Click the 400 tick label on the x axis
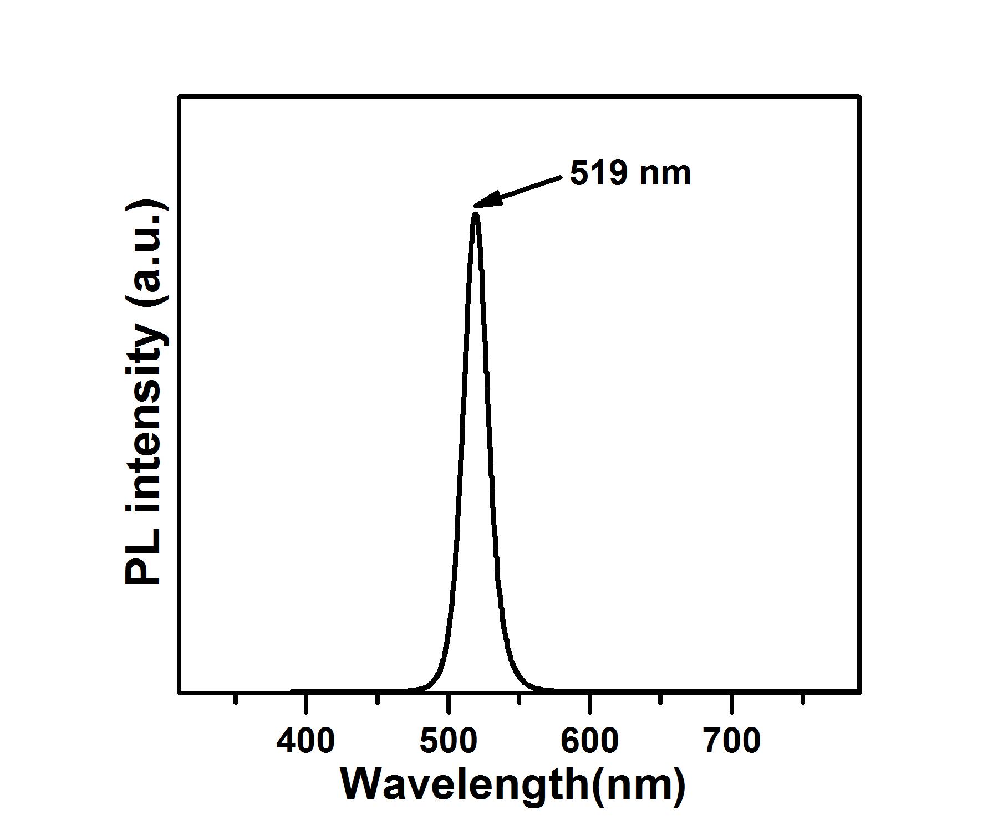coord(305,741)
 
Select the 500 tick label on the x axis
coord(448,741)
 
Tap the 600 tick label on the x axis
coord(590,741)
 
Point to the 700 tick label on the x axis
coord(732,741)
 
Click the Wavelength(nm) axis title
coord(513,784)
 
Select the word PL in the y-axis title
coord(142,557)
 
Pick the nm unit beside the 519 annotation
coord(665,174)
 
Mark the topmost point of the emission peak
coord(475,214)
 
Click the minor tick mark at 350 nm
coord(236,699)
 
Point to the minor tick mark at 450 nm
coord(378,699)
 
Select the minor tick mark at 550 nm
coord(519,699)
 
